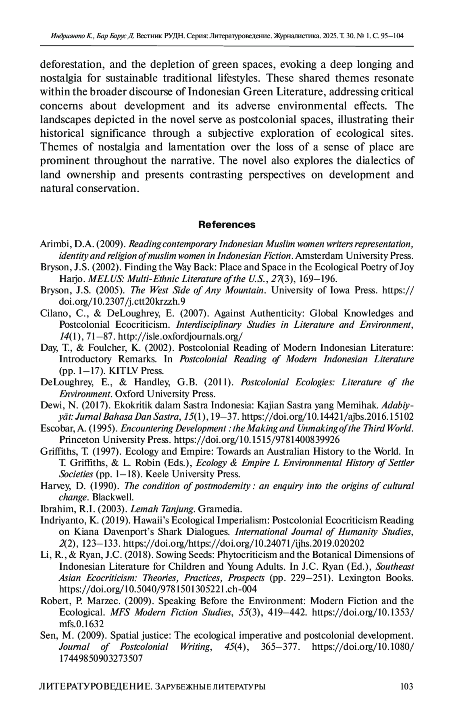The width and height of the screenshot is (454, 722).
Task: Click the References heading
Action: (227, 225)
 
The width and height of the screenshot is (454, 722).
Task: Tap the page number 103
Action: (406, 686)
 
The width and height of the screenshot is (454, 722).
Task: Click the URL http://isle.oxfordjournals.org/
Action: (180, 336)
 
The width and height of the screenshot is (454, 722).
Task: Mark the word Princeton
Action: (78, 440)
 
